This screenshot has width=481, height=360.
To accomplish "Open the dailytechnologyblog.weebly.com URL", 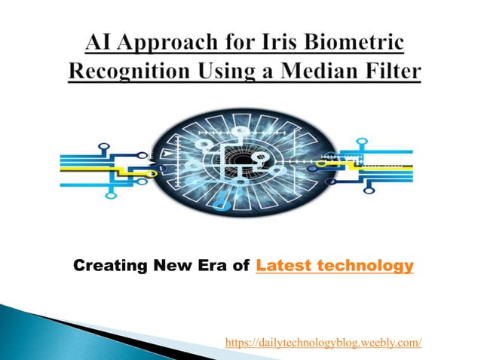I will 323,343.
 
